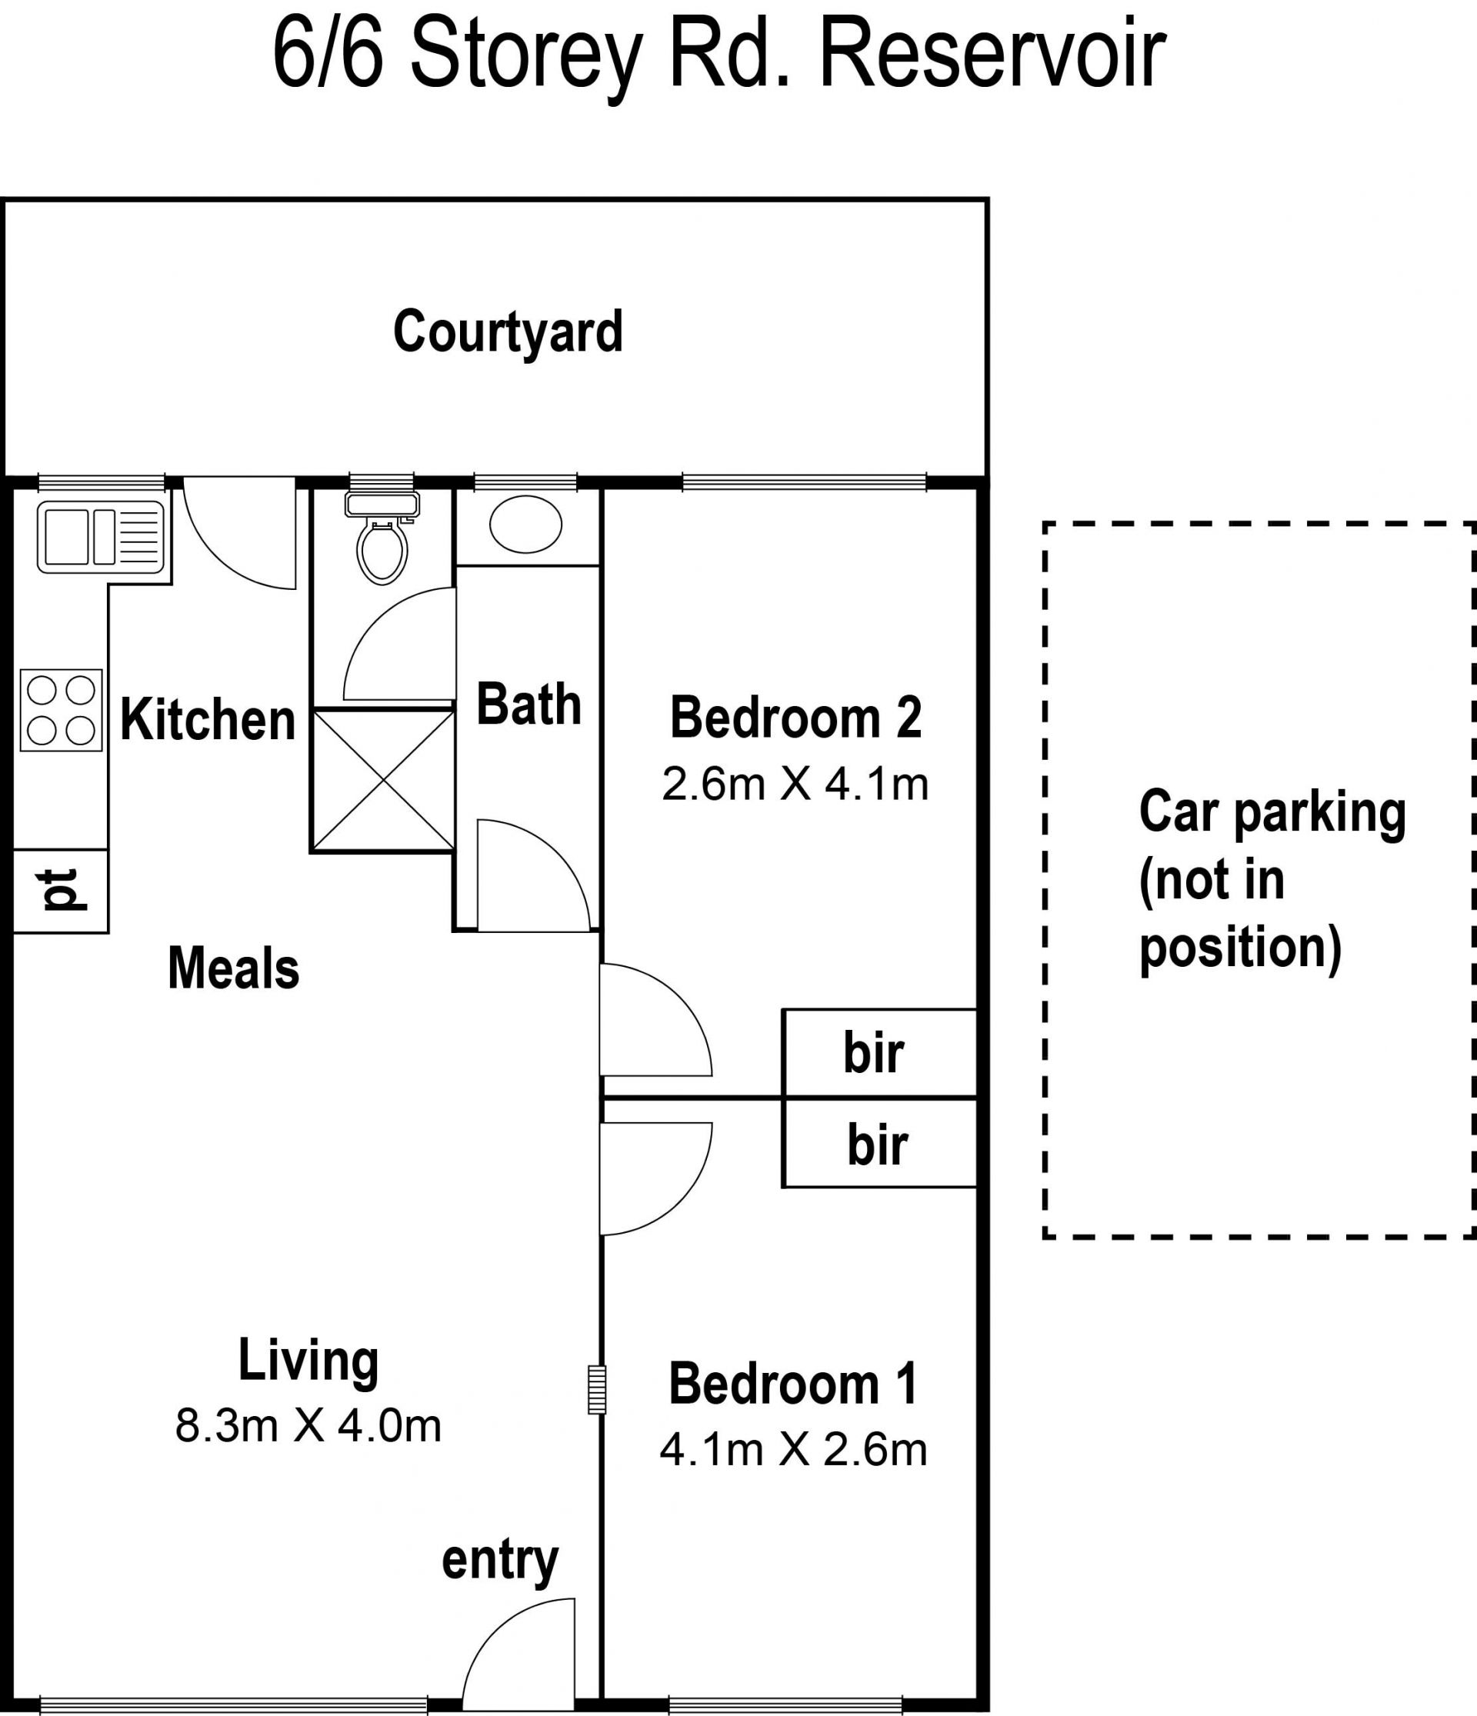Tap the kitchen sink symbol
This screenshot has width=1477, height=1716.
(101, 537)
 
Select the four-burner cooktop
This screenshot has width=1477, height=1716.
(62, 711)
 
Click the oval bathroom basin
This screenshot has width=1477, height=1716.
(526, 525)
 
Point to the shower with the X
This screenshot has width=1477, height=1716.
(382, 780)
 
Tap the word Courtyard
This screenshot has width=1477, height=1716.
(508, 332)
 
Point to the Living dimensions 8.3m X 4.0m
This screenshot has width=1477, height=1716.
(308, 1426)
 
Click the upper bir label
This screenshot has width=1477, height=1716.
(874, 1054)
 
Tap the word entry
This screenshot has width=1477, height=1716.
(500, 1561)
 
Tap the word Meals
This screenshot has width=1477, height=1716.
(234, 968)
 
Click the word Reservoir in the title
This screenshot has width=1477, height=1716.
(992, 55)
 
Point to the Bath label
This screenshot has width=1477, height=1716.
(528, 705)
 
